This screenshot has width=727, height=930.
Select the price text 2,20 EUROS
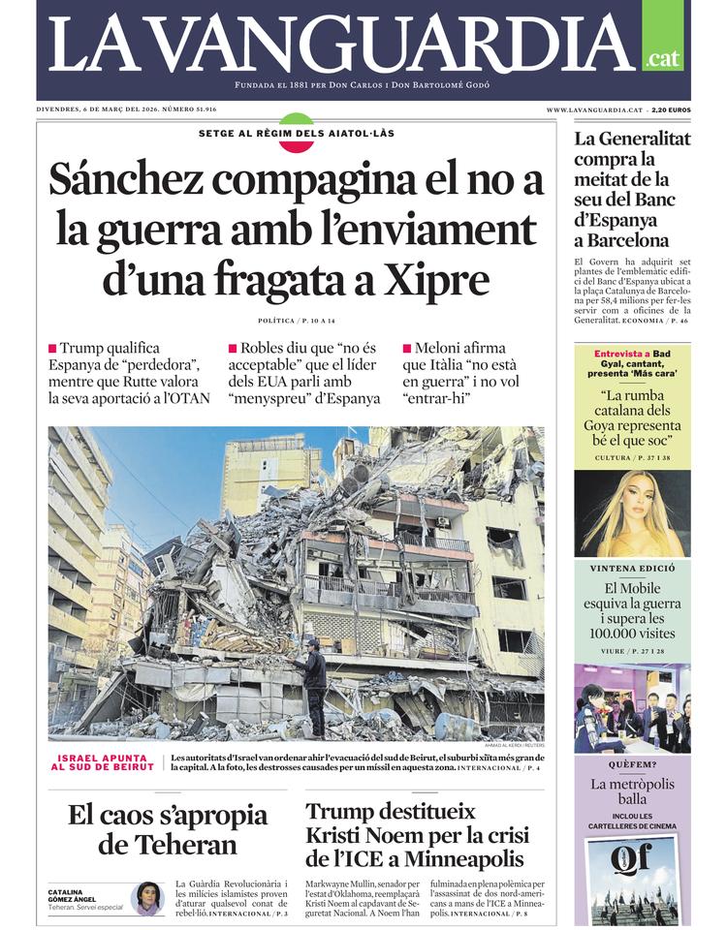pos(671,110)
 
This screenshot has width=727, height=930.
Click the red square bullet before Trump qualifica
pos(52,348)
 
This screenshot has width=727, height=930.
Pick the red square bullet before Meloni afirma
pos(406,348)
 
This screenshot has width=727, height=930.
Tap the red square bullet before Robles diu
pos(233,348)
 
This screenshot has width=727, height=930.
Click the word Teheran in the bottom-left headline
pos(168,844)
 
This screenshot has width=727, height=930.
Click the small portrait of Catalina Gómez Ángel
pos(147,897)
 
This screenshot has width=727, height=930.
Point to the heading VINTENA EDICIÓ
pos(631,569)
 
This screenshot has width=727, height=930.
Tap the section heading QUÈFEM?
pos(631,764)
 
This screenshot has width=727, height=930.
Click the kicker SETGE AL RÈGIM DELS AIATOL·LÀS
pos(296,133)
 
